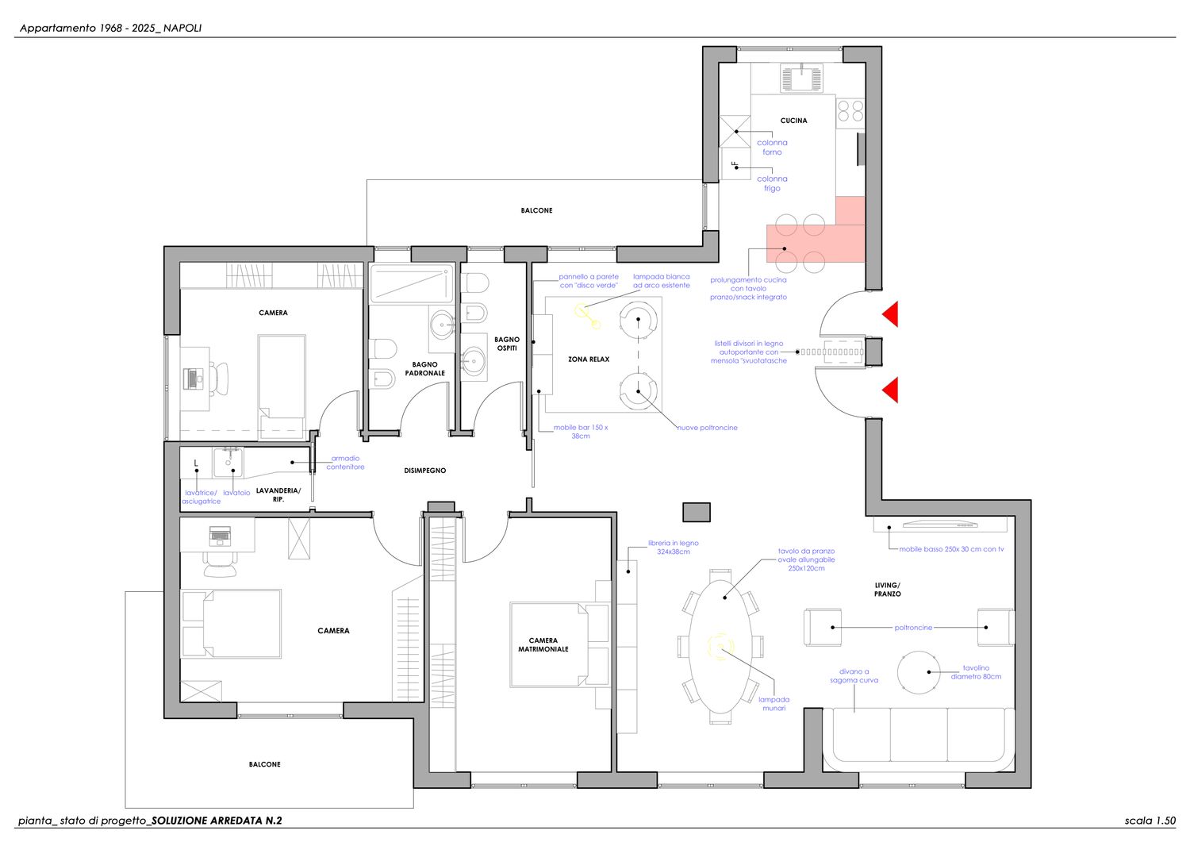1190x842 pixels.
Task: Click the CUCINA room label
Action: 793,121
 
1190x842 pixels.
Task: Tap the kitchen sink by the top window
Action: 801,78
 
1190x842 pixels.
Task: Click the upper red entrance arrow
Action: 890,313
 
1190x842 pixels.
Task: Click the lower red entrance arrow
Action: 890,390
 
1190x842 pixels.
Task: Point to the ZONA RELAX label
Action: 589,359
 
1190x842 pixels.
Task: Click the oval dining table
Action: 720,647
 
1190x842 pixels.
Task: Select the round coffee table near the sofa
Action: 918,672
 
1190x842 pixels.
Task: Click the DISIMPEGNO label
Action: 425,471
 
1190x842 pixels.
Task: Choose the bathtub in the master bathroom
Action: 412,283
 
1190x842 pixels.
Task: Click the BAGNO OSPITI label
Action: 507,344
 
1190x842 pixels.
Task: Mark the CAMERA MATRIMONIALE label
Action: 543,644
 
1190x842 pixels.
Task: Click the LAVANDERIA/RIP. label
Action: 278,495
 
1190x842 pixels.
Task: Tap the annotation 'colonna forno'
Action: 772,148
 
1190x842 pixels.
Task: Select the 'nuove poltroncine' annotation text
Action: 707,428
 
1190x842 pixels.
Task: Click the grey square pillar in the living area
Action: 697,512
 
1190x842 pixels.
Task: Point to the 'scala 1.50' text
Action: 1150,821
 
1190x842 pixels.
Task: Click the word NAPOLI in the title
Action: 182,29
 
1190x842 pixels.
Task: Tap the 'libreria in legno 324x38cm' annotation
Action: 673,548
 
